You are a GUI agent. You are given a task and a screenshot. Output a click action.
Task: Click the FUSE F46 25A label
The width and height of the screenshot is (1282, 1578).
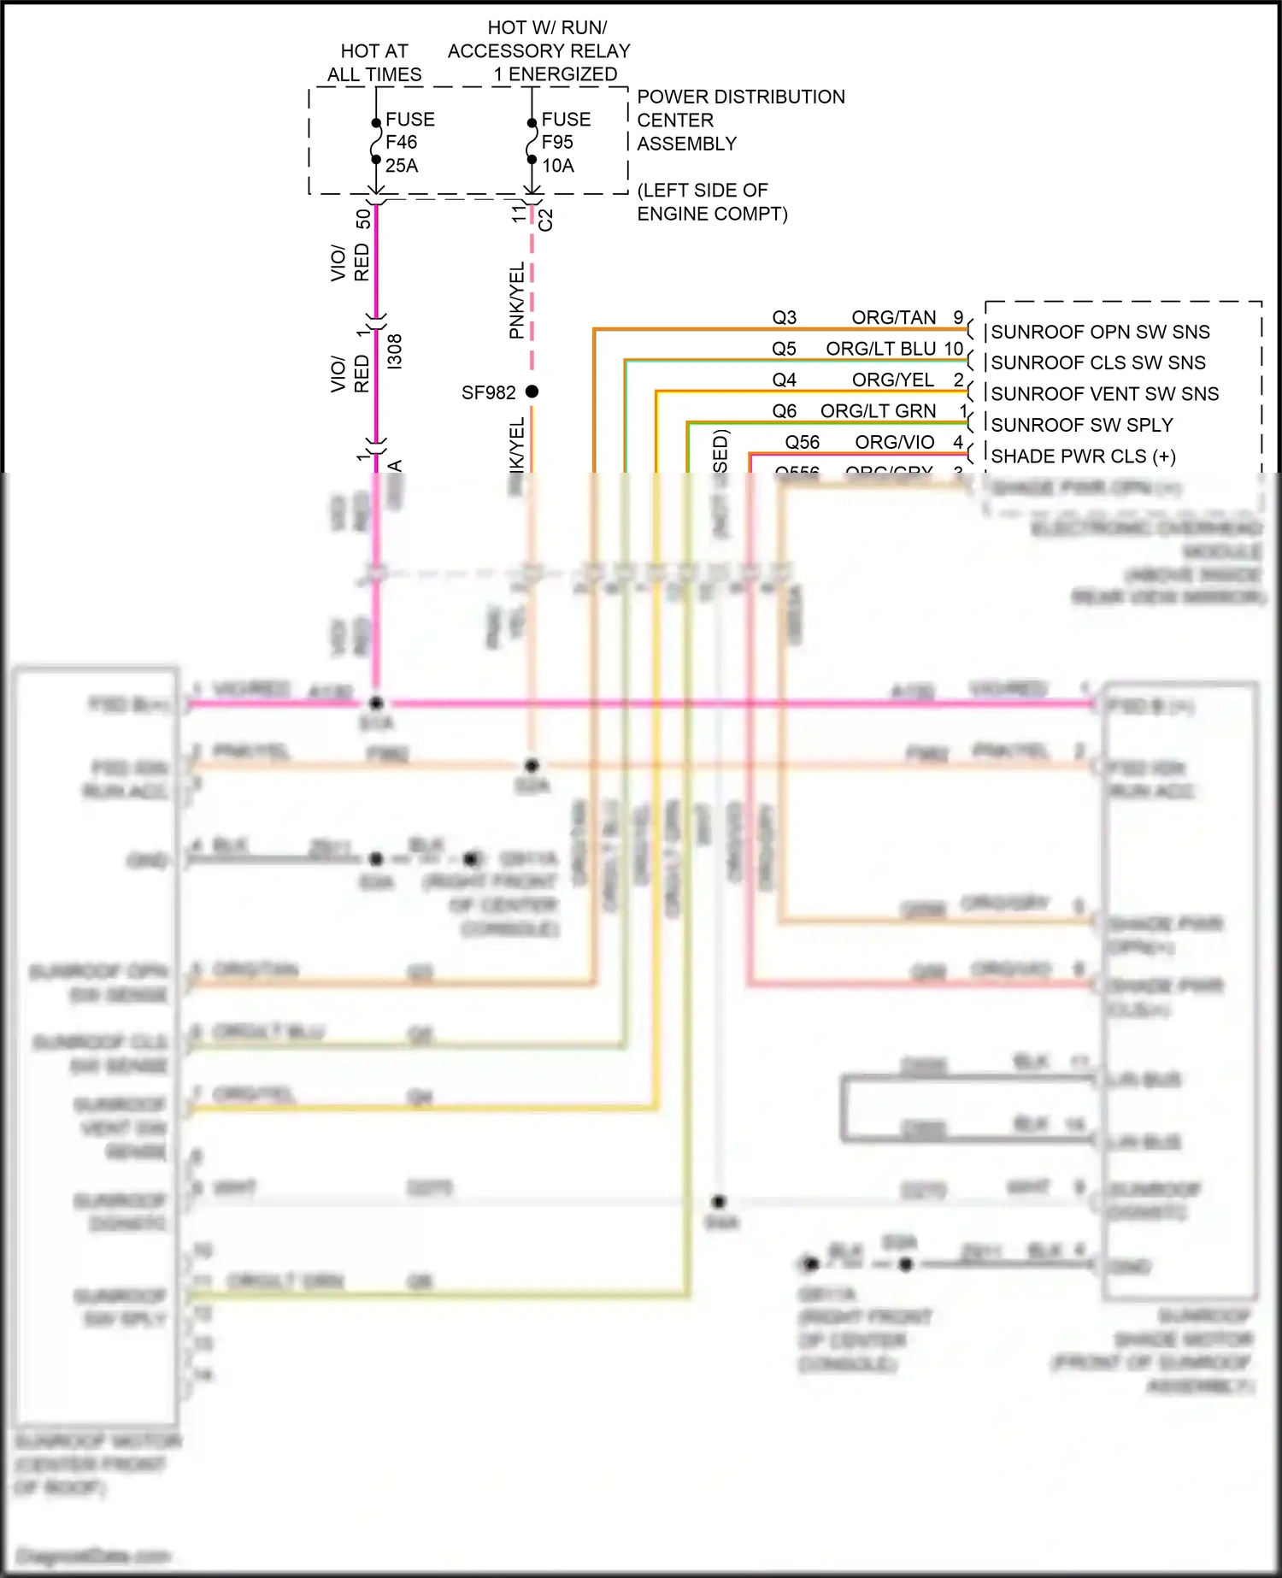click(x=409, y=142)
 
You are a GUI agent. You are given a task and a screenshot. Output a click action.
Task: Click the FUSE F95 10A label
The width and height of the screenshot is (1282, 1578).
click(x=565, y=142)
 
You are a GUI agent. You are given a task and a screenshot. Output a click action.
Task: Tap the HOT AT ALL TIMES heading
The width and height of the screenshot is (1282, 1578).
click(x=374, y=62)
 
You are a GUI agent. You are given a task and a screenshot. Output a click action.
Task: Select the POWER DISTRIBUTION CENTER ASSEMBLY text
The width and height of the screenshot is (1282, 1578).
click(x=740, y=120)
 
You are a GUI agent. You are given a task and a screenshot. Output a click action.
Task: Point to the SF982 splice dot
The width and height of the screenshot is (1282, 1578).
click(x=532, y=392)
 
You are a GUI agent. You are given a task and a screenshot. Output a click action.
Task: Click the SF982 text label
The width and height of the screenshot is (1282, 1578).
click(x=488, y=392)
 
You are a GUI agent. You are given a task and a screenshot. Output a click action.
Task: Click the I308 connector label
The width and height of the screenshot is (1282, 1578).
click(x=394, y=351)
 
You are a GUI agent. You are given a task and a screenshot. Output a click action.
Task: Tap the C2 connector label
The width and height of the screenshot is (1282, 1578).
click(x=546, y=220)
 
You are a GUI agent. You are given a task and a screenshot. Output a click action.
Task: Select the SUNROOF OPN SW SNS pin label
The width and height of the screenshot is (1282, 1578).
click(x=1100, y=332)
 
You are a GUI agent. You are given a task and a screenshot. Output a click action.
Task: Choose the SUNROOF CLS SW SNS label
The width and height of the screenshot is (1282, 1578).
click(x=1097, y=362)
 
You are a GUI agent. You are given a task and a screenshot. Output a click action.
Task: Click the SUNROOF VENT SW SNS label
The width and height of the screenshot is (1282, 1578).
click(x=1104, y=393)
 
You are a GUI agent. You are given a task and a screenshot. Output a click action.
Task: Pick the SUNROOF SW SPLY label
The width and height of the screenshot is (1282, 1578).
click(x=1081, y=425)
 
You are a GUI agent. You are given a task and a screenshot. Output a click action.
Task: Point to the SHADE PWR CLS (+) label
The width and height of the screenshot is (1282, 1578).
click(x=1083, y=456)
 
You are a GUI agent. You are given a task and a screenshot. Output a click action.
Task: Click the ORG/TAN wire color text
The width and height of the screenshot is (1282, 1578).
click(x=893, y=317)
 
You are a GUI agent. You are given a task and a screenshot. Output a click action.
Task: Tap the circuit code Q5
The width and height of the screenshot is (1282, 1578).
click(x=784, y=349)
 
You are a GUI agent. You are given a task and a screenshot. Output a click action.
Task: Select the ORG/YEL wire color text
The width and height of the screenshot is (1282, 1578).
click(x=892, y=380)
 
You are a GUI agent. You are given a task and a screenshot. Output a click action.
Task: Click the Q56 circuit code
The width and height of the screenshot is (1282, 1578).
click(x=802, y=442)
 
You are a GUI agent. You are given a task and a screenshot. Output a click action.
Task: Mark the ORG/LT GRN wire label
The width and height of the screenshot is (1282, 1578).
click(x=878, y=411)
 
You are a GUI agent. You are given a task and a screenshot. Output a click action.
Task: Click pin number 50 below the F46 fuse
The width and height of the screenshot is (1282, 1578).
click(x=363, y=218)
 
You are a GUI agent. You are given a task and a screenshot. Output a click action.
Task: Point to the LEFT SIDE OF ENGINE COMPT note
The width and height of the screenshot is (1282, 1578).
click(x=712, y=202)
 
